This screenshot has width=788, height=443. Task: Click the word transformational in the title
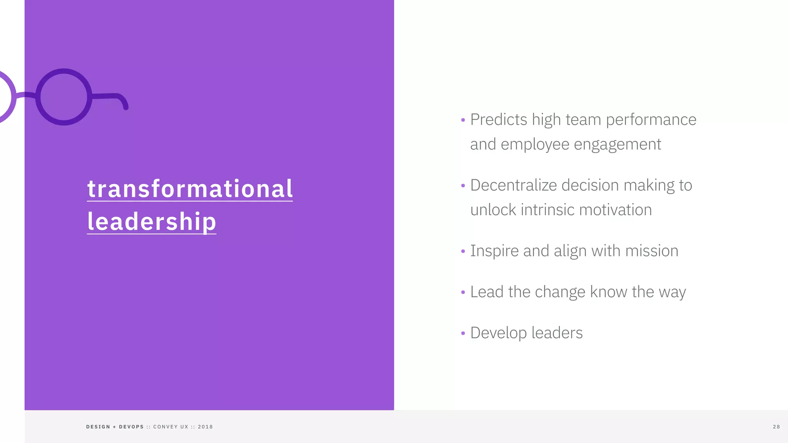(190, 189)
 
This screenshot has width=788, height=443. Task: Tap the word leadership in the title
(152, 221)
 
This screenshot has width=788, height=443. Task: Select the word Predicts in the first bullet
(499, 120)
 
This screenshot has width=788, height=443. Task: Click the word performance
(651, 120)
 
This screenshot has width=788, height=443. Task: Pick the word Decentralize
(513, 185)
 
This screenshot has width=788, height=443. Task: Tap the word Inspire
(494, 251)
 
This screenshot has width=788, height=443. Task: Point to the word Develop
(498, 333)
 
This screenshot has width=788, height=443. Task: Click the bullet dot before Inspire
(463, 251)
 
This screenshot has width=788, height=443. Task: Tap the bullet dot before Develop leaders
(463, 333)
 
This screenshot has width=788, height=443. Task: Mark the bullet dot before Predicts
(463, 120)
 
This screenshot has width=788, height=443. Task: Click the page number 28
(776, 427)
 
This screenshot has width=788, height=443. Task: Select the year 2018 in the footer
(205, 427)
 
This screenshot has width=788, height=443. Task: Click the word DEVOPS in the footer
(131, 427)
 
